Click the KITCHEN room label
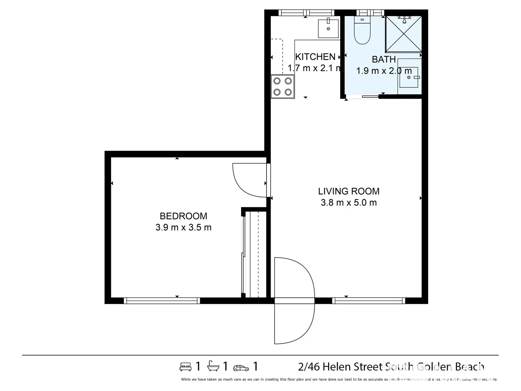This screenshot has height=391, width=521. click(315, 57)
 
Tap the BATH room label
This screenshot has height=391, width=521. click(384, 59)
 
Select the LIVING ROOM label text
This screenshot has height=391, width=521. click(349, 191)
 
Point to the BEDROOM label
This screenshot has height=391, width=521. click(183, 216)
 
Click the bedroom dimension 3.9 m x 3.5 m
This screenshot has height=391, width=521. click(183, 227)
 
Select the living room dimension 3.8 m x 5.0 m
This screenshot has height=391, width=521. click(349, 203)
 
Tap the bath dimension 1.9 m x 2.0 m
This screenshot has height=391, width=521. click(384, 71)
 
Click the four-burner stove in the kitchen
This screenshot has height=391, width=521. click(283, 86)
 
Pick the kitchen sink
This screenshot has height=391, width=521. click(328, 28)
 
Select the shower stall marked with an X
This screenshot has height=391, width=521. click(403, 34)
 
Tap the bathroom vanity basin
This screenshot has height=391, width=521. click(409, 77)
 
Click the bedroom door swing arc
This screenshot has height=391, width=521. click(248, 181)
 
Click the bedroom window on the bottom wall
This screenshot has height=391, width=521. click(162, 301)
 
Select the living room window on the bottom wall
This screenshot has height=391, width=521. click(368, 301)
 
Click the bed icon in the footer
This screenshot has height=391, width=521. click(185, 367)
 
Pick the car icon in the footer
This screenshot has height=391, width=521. click(241, 368)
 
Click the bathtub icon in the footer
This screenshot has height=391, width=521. click(213, 366)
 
